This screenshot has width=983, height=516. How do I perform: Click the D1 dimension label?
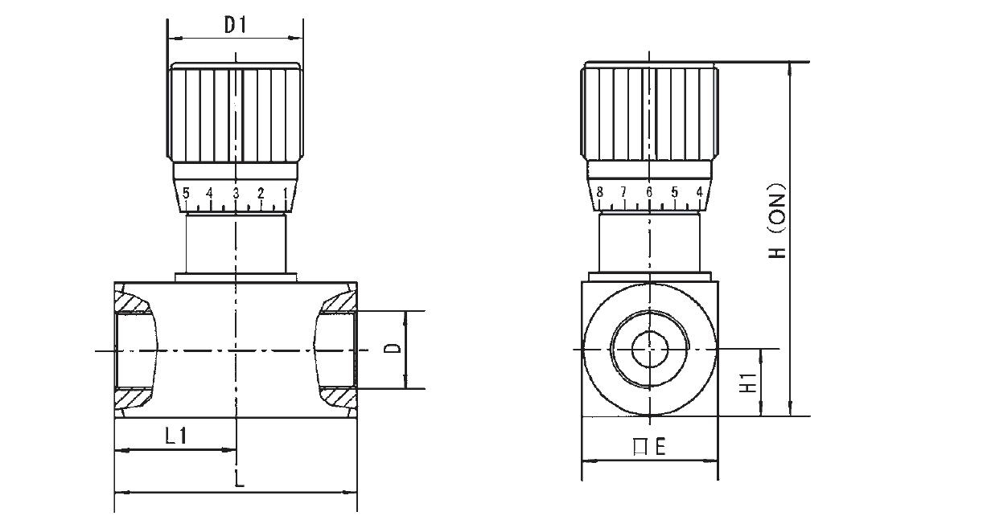(236, 25)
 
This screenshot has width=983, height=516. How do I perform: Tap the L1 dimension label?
(176, 436)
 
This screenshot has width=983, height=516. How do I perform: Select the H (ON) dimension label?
(777, 220)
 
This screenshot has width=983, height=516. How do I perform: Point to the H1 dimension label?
(748, 383)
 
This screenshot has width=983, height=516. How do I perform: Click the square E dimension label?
(650, 447)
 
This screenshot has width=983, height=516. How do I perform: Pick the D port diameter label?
(393, 349)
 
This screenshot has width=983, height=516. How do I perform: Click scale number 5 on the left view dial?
(186, 193)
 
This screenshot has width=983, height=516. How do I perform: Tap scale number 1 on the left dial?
(286, 193)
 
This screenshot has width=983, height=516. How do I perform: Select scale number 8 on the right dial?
(600, 191)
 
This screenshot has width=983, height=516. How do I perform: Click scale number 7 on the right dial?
(623, 191)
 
